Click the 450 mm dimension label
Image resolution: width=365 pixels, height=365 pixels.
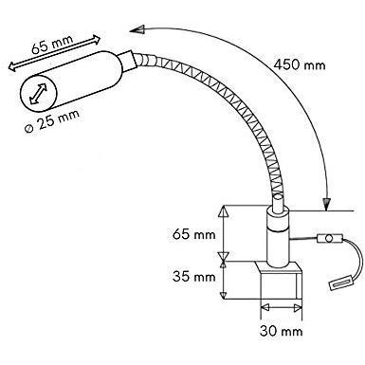click(300, 65)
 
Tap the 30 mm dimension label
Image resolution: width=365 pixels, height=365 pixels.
click(282, 331)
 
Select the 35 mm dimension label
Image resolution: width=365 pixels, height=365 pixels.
click(194, 277)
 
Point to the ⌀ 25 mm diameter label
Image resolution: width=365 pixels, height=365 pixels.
click(52, 121)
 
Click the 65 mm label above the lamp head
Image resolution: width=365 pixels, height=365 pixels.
click(52, 45)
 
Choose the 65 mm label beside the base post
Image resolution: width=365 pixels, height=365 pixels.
click(194, 234)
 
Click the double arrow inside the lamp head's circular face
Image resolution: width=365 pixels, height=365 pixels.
click(38, 94)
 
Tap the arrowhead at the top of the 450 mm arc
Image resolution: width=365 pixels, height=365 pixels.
click(137, 29)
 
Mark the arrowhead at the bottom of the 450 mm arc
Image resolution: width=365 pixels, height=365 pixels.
click(326, 203)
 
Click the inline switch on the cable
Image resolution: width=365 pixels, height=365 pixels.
click(330, 238)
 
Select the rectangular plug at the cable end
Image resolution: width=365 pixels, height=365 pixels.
click(341, 283)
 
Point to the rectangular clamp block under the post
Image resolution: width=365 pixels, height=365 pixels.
click(280, 280)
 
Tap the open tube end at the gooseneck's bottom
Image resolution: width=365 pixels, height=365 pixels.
click(278, 197)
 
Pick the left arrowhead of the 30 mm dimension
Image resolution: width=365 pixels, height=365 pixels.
click(265, 307)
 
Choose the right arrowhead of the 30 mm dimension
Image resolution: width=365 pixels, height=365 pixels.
click(297, 307)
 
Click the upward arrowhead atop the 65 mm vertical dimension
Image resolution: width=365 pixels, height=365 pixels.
click(224, 210)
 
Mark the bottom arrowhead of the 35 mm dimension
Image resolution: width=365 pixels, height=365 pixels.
click(224, 295)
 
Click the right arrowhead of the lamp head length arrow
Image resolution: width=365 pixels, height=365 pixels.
click(96, 39)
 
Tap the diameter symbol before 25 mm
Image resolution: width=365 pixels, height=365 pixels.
click(29, 129)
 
